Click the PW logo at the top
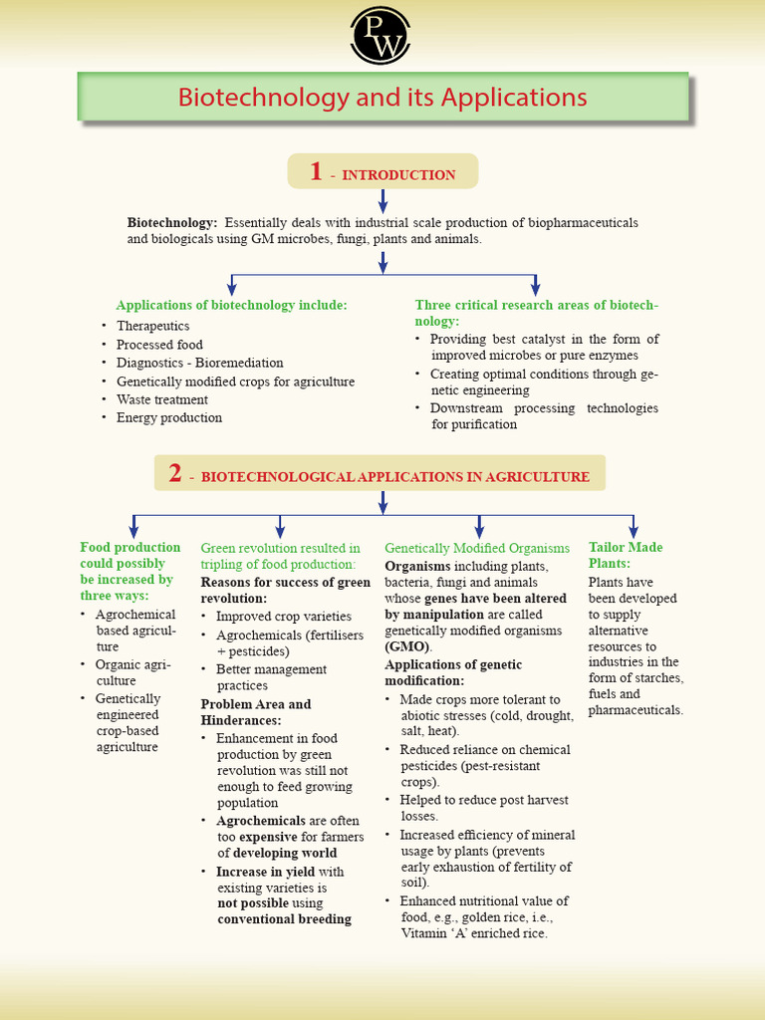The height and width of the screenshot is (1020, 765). click(x=382, y=35)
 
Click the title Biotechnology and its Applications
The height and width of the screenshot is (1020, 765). click(x=382, y=98)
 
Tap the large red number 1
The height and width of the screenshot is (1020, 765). click(x=316, y=171)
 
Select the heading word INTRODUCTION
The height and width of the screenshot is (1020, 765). click(x=398, y=175)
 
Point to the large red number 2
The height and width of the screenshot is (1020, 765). click(x=175, y=473)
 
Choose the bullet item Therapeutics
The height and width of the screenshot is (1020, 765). click(x=152, y=326)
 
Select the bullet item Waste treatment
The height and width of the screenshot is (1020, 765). click(x=161, y=399)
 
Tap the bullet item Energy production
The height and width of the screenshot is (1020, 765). click(x=168, y=417)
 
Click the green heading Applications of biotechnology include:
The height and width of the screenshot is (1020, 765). click(x=231, y=305)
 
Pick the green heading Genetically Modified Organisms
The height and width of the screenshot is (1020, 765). click(x=477, y=548)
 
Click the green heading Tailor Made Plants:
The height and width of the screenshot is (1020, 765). click(x=625, y=555)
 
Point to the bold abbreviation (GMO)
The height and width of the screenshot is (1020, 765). click(x=404, y=646)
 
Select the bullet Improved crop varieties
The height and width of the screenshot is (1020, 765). click(x=283, y=617)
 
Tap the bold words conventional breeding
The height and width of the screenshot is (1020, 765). click(x=284, y=918)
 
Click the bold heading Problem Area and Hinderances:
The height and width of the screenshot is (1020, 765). click(x=256, y=711)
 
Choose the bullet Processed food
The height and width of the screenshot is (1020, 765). click(x=159, y=345)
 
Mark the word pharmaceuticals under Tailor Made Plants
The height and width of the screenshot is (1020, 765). click(x=636, y=710)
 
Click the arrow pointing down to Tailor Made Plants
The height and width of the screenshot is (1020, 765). click(x=633, y=526)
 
